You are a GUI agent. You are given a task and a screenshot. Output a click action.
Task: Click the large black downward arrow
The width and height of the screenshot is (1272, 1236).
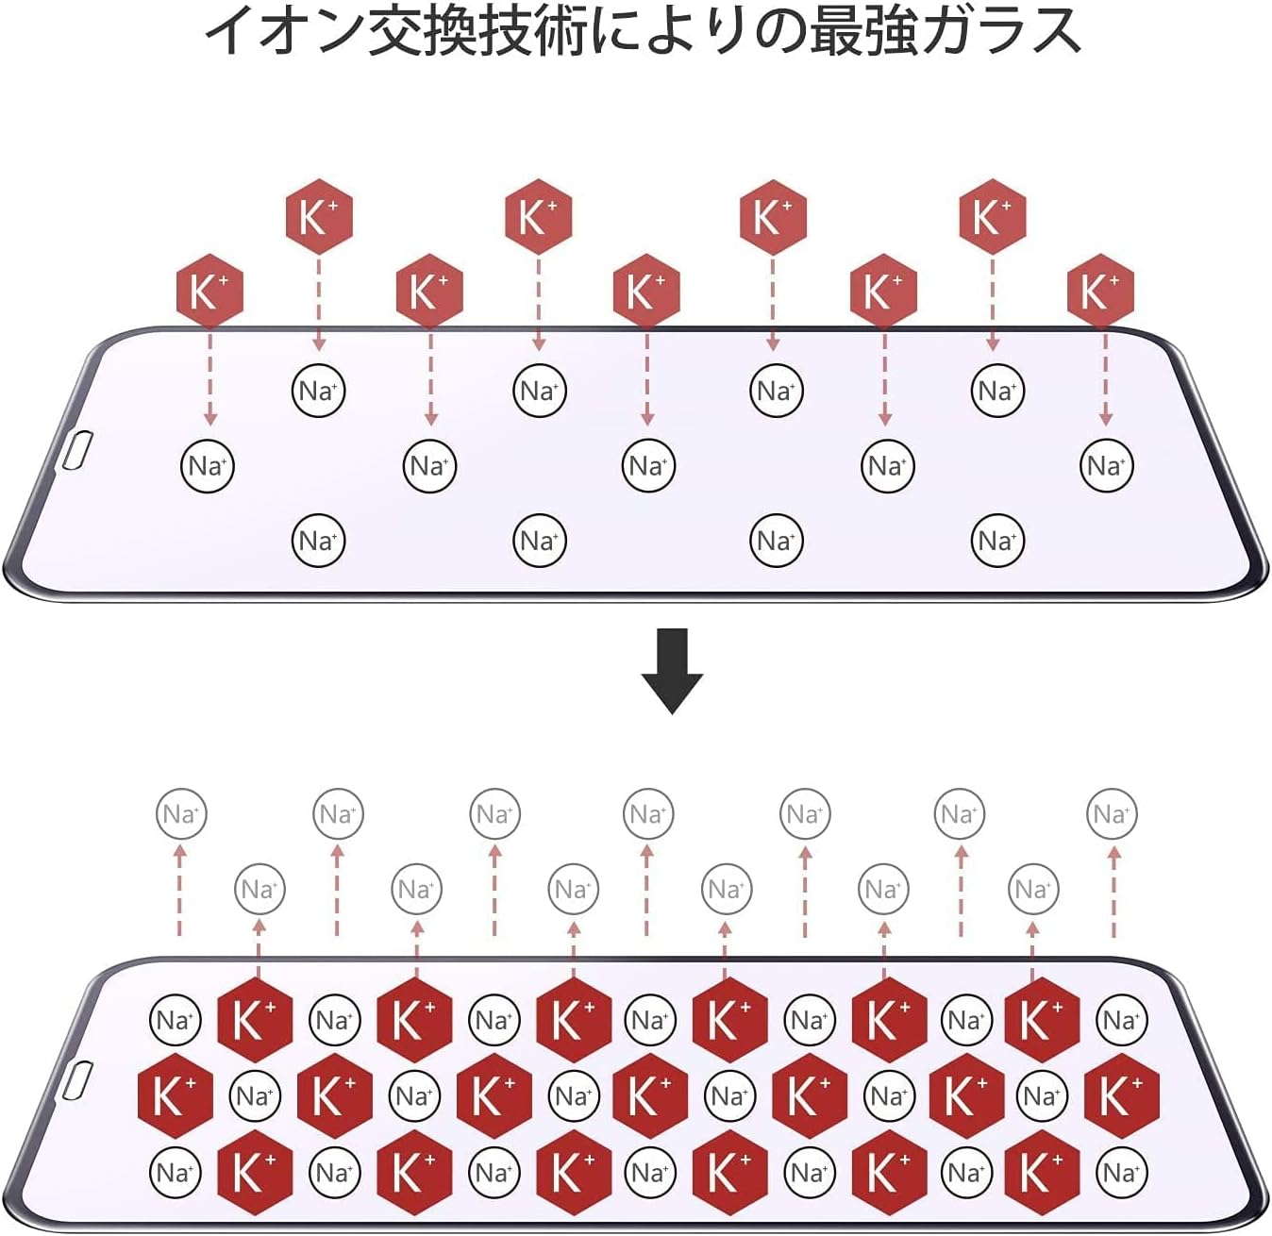[x=671, y=671]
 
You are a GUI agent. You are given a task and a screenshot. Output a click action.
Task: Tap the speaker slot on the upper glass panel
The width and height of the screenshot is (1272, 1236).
[x=77, y=449]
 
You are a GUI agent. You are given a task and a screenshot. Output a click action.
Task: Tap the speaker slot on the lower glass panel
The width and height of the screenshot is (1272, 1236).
[x=77, y=1079]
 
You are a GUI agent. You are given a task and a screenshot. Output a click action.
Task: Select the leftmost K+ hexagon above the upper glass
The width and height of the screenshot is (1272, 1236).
[x=209, y=291]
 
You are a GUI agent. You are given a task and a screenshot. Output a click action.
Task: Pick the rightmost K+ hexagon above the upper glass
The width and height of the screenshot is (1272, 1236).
[x=1101, y=291]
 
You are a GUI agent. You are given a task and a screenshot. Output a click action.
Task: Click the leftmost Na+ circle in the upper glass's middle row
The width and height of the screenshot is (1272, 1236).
[x=208, y=466]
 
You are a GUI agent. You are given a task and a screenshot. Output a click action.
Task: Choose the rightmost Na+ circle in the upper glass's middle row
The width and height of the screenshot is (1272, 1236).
[x=1106, y=466]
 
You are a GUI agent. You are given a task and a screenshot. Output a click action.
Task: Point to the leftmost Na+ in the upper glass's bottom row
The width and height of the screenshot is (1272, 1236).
[x=318, y=541]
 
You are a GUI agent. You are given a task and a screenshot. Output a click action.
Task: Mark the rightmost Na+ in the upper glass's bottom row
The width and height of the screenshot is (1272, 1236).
[x=997, y=541]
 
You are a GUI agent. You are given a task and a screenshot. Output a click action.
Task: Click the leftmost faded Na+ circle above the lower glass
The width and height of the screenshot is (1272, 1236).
[x=181, y=814]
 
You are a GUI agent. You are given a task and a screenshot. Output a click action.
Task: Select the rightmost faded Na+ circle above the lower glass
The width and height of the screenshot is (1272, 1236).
[x=1112, y=814]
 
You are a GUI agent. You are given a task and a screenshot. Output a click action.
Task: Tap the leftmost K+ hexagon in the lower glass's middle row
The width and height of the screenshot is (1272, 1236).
[x=176, y=1095]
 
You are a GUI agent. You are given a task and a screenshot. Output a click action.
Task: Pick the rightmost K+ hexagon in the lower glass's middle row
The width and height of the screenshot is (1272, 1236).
[x=1122, y=1095]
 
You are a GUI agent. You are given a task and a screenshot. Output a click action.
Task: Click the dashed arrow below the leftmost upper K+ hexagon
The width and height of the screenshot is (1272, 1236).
[x=209, y=379]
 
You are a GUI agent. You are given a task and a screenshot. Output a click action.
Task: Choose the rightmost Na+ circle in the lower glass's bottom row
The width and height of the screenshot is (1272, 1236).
[x=1122, y=1173]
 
